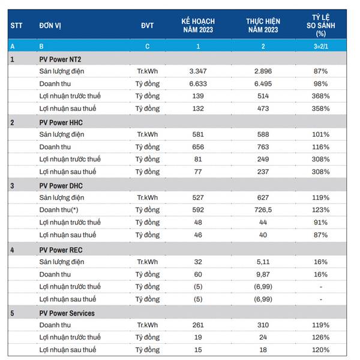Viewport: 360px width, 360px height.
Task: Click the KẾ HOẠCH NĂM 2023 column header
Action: (x=198, y=25)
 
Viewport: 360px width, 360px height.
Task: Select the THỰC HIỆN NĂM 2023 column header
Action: (x=263, y=25)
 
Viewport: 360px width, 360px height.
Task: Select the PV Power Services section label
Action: (x=67, y=313)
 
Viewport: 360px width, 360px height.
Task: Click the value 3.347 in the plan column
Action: (x=198, y=71)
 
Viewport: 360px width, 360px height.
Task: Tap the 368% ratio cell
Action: (x=320, y=96)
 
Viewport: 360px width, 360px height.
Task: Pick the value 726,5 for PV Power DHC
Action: (x=263, y=210)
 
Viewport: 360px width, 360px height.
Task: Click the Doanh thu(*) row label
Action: (x=67, y=210)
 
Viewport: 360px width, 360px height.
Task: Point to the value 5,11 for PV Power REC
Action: (x=263, y=262)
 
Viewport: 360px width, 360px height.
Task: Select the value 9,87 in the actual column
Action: (x=263, y=274)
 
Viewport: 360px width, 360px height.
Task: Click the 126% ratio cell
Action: (x=320, y=337)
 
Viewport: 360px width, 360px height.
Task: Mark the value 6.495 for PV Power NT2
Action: (x=263, y=83)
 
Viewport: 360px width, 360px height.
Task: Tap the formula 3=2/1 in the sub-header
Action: (x=320, y=46)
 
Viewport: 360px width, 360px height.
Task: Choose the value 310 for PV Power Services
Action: (x=263, y=325)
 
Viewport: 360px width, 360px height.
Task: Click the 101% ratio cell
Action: (x=320, y=134)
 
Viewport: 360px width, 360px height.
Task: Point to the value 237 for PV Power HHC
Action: (x=263, y=172)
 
